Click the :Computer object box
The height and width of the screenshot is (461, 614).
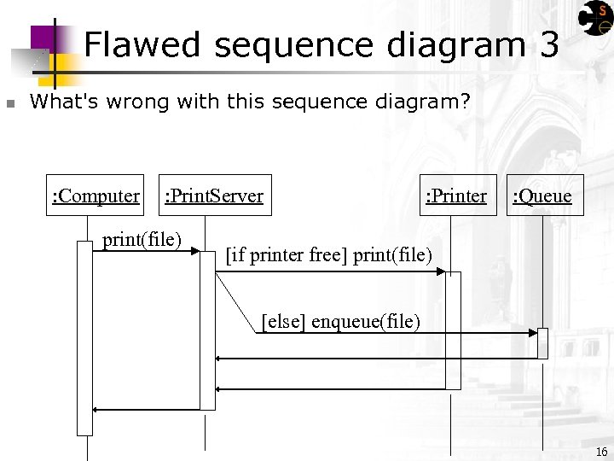click(x=95, y=195)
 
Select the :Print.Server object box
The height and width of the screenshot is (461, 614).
click(x=213, y=195)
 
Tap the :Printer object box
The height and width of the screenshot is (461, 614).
click(x=457, y=195)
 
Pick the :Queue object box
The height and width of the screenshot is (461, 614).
click(x=542, y=195)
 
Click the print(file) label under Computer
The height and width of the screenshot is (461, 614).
click(x=142, y=239)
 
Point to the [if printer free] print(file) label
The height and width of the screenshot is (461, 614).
click(x=328, y=254)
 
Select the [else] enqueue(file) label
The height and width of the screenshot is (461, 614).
click(x=340, y=321)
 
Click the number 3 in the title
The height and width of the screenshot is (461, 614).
click(x=549, y=44)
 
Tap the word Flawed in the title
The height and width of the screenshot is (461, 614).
click(x=142, y=44)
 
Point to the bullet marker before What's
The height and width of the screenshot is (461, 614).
click(x=10, y=104)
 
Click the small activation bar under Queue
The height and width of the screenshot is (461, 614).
click(x=542, y=343)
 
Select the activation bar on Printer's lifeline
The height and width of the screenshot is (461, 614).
click(x=453, y=330)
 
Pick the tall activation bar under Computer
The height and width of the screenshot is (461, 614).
click(x=84, y=337)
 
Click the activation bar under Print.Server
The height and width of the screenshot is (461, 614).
click(x=207, y=330)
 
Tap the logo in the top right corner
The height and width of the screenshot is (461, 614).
click(x=594, y=21)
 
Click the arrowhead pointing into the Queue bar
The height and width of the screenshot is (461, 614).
click(x=533, y=331)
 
